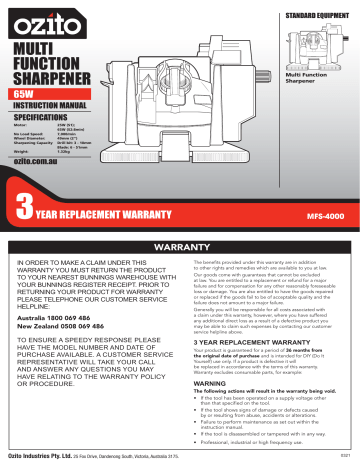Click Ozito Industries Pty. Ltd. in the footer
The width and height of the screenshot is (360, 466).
49,458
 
